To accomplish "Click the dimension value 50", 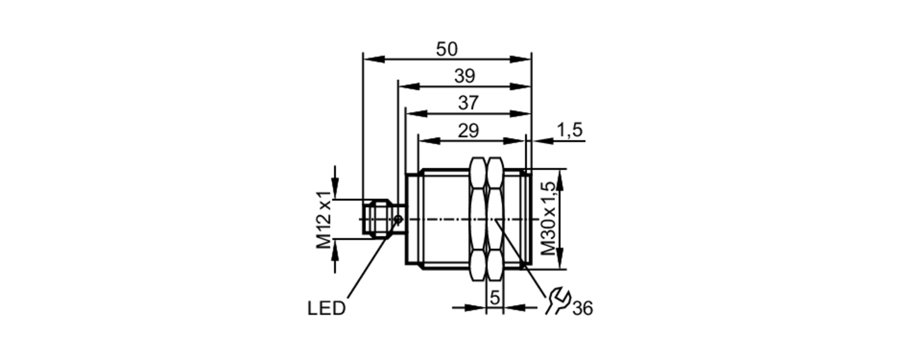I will (x=447, y=49).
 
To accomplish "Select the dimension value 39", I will (x=464, y=76).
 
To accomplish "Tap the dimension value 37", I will (x=468, y=103).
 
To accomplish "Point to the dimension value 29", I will (x=468, y=131).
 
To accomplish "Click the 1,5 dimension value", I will (x=570, y=130).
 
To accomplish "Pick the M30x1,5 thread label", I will (x=548, y=218).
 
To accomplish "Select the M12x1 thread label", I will (x=324, y=220).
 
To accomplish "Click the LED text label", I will (x=326, y=309).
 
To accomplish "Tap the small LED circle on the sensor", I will (x=399, y=220).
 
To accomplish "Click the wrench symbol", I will (x=558, y=300).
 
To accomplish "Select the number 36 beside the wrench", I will (x=582, y=309).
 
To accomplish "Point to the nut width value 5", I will (x=495, y=298).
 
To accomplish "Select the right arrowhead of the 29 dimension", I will (x=515, y=141).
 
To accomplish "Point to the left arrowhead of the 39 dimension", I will (x=408, y=86).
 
